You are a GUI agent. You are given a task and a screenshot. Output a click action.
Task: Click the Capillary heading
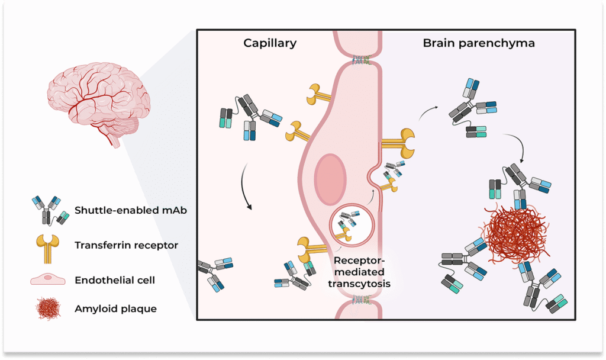click(x=270, y=43)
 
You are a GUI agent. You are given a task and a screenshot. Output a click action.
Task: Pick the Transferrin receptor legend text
click(x=126, y=245)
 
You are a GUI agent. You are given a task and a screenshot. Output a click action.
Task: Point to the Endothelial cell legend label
click(x=115, y=279)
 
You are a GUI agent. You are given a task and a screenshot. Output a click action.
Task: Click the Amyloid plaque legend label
click(x=115, y=308)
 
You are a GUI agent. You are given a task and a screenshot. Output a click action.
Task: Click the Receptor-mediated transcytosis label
click(x=360, y=272)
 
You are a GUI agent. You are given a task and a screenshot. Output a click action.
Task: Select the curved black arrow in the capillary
click(x=246, y=189)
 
